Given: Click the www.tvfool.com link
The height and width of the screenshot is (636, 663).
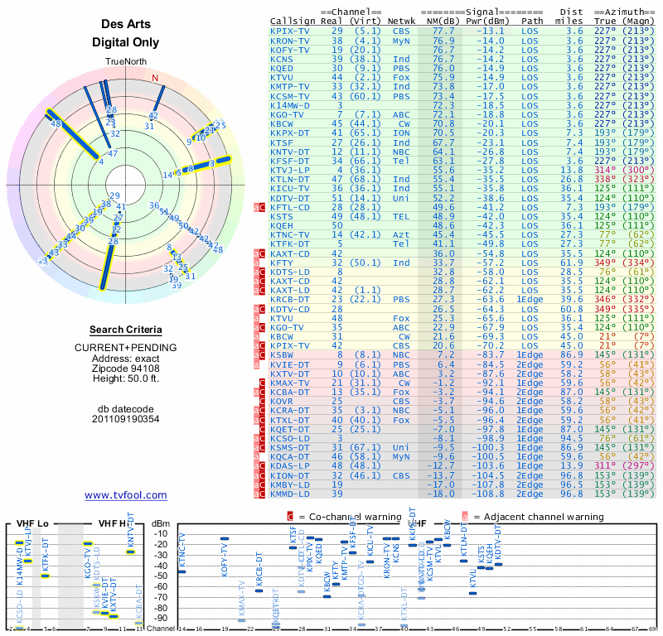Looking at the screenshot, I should pyautogui.click(x=125, y=495).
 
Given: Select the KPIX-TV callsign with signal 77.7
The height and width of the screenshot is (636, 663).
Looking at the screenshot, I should pyautogui.click(x=289, y=31).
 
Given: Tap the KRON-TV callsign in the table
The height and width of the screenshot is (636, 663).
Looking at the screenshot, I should pyautogui.click(x=289, y=40).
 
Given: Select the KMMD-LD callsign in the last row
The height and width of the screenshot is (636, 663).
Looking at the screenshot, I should pyautogui.click(x=289, y=494).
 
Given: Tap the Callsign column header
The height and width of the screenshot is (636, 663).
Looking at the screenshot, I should pyautogui.click(x=293, y=20).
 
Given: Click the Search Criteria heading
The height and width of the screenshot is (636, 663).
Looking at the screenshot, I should pyautogui.click(x=125, y=330).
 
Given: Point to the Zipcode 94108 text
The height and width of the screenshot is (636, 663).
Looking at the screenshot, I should pyautogui.click(x=125, y=369).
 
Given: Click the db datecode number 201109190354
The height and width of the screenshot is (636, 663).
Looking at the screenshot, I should pyautogui.click(x=125, y=418).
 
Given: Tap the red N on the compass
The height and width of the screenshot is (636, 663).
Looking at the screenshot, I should pyautogui.click(x=154, y=79).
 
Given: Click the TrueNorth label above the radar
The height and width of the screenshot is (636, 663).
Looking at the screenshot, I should pyautogui.click(x=125, y=62).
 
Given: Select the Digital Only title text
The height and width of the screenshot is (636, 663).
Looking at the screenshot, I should pyautogui.click(x=125, y=42).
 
